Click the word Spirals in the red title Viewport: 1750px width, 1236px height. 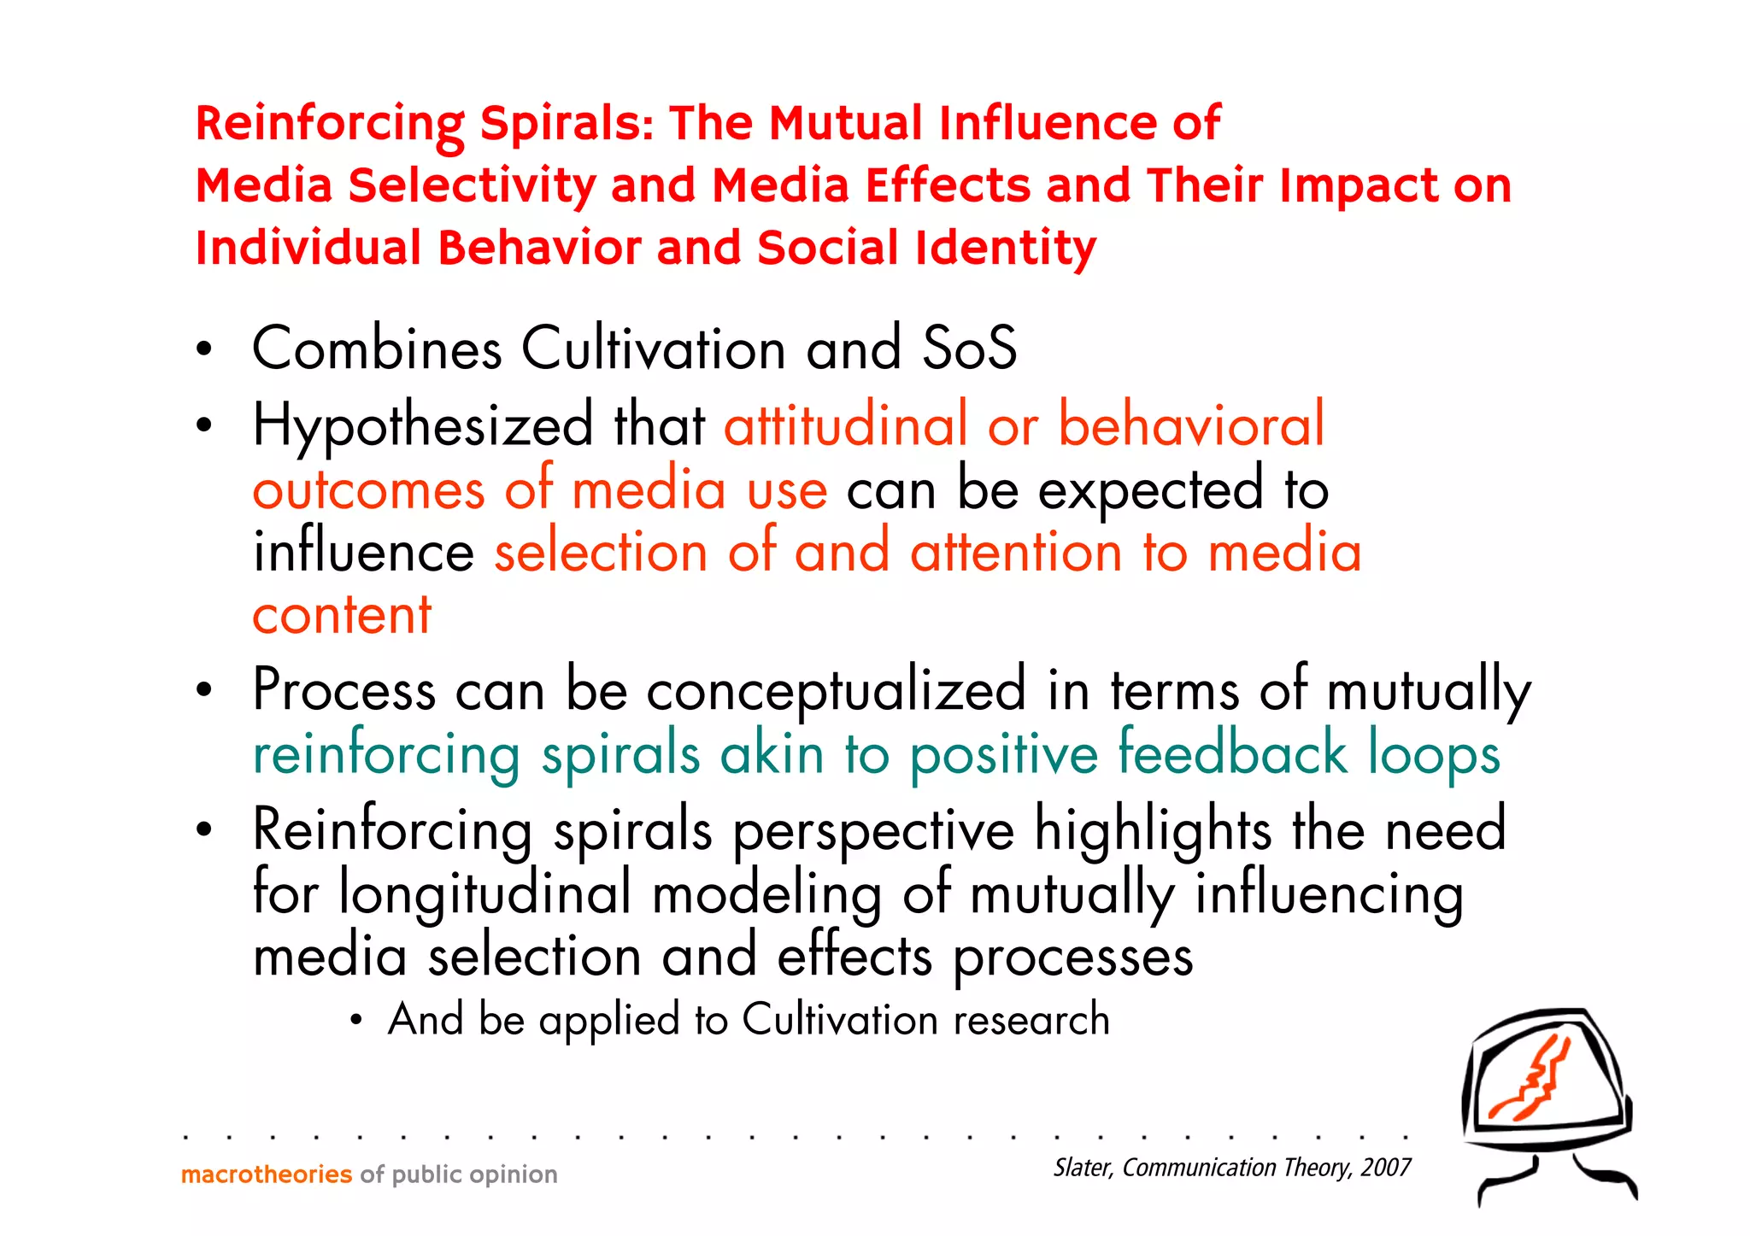coord(566,123)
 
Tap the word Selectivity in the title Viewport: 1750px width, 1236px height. coord(472,185)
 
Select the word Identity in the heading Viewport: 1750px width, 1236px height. coord(1005,248)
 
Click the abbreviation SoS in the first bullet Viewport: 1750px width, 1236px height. coord(970,349)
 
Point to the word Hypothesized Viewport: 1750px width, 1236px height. coord(422,425)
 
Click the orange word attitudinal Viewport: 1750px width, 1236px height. coord(845,425)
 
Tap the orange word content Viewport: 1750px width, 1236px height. coord(342,614)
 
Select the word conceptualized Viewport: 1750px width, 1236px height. coord(836,690)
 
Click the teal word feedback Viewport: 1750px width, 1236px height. coord(1232,753)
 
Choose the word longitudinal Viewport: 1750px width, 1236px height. coord(484,893)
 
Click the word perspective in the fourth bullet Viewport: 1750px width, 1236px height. coord(873,830)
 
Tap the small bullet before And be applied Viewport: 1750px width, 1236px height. coord(357,1020)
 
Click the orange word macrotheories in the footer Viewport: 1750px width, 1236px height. coord(267,1174)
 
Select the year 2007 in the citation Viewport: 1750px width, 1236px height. coord(1385,1168)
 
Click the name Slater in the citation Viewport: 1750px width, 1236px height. coord(1083,1168)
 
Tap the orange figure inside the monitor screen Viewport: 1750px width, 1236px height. coord(1533,1081)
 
